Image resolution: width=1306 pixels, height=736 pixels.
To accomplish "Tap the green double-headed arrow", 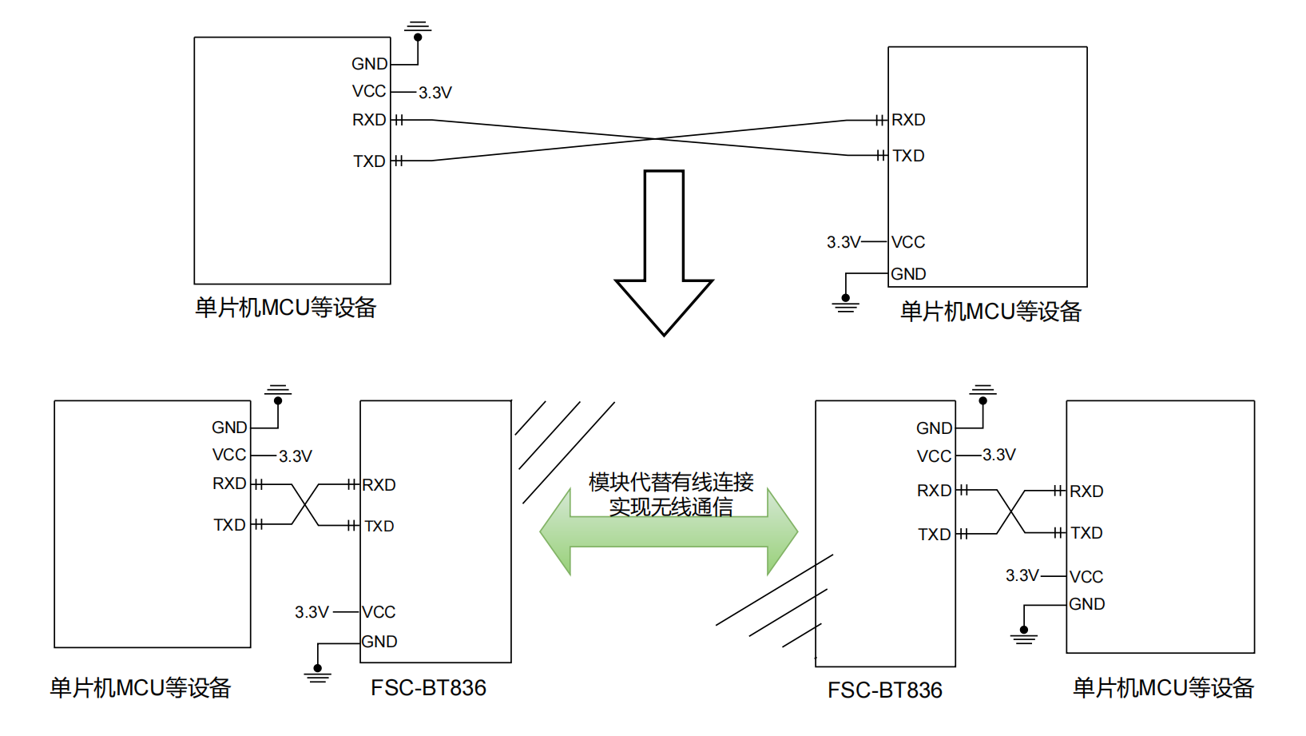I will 669,531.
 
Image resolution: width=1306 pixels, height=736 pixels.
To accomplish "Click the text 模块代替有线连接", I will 671,482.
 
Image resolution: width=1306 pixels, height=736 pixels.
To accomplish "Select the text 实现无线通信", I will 671,507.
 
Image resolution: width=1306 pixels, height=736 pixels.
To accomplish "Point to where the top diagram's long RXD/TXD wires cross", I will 656,139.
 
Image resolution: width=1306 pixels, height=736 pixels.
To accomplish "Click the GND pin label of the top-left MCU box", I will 369,64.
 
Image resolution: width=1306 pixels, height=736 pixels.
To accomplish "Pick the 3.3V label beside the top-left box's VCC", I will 435,93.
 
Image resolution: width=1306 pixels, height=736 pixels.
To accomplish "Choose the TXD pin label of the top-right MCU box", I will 908,156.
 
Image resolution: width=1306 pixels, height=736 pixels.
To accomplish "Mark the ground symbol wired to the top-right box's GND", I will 845,304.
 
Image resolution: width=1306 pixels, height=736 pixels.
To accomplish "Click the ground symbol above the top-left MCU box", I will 418,29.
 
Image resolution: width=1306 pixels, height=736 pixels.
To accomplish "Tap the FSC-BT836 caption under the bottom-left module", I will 428,688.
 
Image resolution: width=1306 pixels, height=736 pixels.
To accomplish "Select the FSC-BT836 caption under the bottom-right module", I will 885,690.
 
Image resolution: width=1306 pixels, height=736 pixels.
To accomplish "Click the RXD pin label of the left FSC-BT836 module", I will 379,485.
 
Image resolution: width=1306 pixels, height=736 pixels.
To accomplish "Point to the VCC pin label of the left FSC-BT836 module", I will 379,612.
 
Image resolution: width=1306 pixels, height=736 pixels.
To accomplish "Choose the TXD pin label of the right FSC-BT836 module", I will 934,535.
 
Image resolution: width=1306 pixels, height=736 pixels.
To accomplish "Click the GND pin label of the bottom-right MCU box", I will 1086,604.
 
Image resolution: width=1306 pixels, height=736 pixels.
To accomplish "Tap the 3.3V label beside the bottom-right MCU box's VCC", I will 1022,575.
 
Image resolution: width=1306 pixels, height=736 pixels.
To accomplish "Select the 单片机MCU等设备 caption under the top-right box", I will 990,312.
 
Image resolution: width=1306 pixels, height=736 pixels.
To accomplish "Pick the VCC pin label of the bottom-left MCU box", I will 229,455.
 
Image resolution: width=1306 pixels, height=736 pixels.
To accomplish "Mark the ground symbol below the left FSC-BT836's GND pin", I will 317,674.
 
